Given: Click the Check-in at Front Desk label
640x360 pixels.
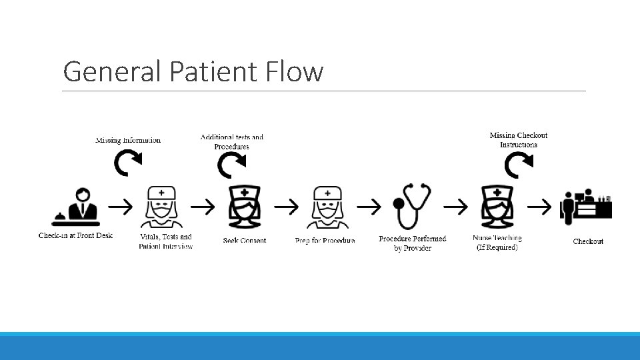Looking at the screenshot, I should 76,235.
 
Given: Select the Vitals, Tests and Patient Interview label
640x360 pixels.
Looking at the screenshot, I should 166,241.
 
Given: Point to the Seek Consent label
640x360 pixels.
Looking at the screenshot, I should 245,241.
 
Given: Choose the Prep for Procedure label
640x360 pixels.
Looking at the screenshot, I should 325,241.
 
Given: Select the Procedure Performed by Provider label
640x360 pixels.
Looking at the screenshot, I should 412,243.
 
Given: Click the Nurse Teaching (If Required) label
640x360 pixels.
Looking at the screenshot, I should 497,243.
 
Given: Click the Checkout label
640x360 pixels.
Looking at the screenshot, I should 588,241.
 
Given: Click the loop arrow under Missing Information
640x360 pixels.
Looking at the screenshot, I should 127,162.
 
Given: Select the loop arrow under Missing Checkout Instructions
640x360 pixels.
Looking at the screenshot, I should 518,165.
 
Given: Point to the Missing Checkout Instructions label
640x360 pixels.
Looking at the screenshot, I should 519,140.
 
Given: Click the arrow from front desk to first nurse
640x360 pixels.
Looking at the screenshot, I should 121,207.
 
